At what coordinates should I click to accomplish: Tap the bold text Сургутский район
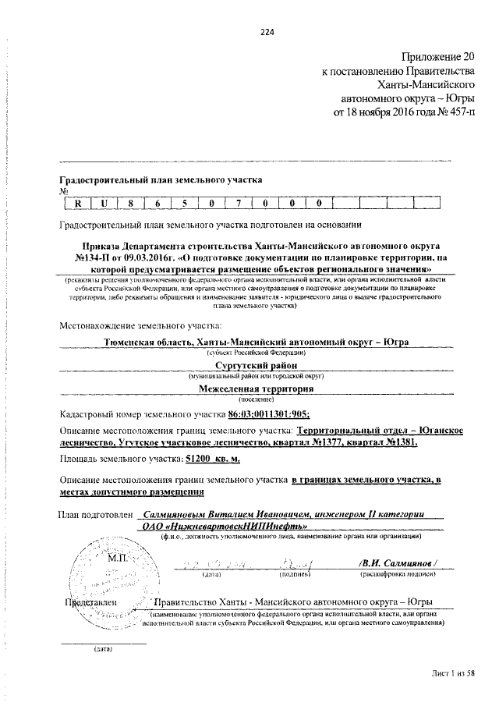pos(257,364)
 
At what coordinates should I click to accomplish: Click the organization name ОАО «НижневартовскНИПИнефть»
pos(191,525)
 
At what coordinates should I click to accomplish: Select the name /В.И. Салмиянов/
pos(398,563)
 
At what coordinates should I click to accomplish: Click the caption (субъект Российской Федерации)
pos(257,353)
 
